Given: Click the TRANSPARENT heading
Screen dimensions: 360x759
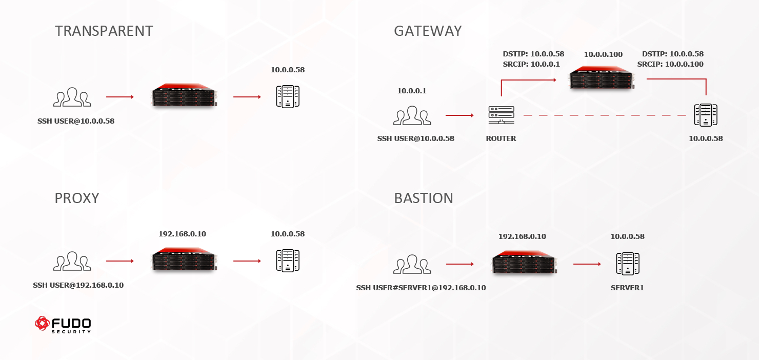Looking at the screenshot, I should point(104,31).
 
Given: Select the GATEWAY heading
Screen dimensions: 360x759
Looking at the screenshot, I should point(428,31).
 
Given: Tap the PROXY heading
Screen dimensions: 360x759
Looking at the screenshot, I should point(76,198).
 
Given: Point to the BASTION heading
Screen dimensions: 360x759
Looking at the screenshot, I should point(424,198).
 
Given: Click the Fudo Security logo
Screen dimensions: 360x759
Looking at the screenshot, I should point(63,325).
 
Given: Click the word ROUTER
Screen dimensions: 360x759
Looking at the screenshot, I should point(501,138).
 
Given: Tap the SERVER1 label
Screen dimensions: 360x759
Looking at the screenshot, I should point(627,288).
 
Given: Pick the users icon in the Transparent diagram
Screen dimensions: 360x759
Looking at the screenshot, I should point(72,97).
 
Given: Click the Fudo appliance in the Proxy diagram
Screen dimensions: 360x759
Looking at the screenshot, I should point(184,258).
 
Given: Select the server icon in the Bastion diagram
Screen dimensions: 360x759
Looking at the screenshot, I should point(627,264).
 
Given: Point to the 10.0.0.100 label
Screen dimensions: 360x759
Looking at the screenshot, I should point(603,54).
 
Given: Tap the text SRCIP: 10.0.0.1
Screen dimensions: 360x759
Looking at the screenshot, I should point(531,64).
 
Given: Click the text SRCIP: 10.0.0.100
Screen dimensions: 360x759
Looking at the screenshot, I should point(670,64).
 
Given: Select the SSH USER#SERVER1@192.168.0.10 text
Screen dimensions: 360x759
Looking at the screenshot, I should point(421,288).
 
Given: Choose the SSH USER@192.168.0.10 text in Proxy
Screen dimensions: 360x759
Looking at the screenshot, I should point(78,285).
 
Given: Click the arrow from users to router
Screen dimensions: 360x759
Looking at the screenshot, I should point(460,116).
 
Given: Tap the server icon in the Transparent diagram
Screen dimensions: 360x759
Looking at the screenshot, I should point(288,96).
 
